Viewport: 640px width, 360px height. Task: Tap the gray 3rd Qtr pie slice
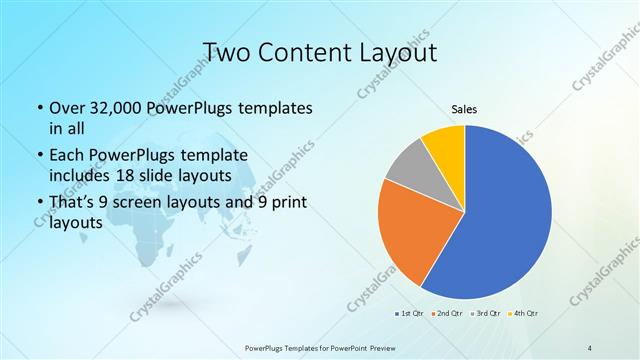tap(407, 168)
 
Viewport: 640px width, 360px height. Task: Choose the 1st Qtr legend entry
tap(409, 314)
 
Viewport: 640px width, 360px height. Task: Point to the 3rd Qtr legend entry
tap(486, 314)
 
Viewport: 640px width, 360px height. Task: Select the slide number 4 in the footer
tap(590, 346)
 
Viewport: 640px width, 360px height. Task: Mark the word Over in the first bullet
tap(66, 108)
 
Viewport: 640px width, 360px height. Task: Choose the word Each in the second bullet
tap(66, 157)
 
